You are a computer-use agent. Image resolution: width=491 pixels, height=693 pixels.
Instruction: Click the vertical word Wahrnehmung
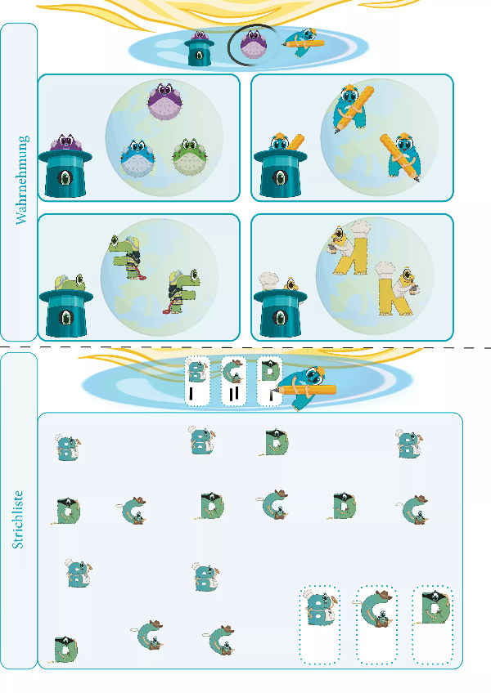pyautogui.click(x=22, y=180)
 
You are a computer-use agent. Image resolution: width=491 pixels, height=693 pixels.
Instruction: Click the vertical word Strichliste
pyautogui.click(x=18, y=520)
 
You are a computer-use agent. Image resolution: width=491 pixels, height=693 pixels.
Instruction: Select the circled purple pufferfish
pyautogui.click(x=254, y=46)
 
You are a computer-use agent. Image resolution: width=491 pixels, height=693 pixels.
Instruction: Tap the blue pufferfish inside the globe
pyautogui.click(x=137, y=159)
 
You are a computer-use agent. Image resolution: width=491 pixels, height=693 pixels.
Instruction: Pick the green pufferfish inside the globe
pyautogui.click(x=189, y=157)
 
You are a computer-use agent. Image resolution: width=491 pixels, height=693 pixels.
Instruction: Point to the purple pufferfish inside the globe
pyautogui.click(x=165, y=101)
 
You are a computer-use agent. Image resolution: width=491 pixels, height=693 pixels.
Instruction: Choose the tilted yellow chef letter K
pyautogui.click(x=347, y=248)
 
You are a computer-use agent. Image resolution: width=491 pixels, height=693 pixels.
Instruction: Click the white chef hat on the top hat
pyautogui.click(x=268, y=279)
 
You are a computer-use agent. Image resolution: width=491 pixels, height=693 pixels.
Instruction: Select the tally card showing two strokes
pyautogui.click(x=233, y=381)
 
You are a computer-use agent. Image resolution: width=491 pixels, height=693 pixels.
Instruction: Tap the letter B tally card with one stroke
pyautogui.click(x=197, y=381)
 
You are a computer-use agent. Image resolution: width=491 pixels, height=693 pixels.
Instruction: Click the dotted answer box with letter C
pyautogui.click(x=376, y=625)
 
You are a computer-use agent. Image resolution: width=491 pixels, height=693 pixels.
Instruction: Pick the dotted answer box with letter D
pyautogui.click(x=433, y=625)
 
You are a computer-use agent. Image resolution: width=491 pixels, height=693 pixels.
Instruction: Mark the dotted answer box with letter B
pyautogui.click(x=320, y=625)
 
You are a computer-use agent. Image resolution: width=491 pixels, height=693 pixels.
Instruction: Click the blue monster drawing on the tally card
pyautogui.click(x=305, y=387)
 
